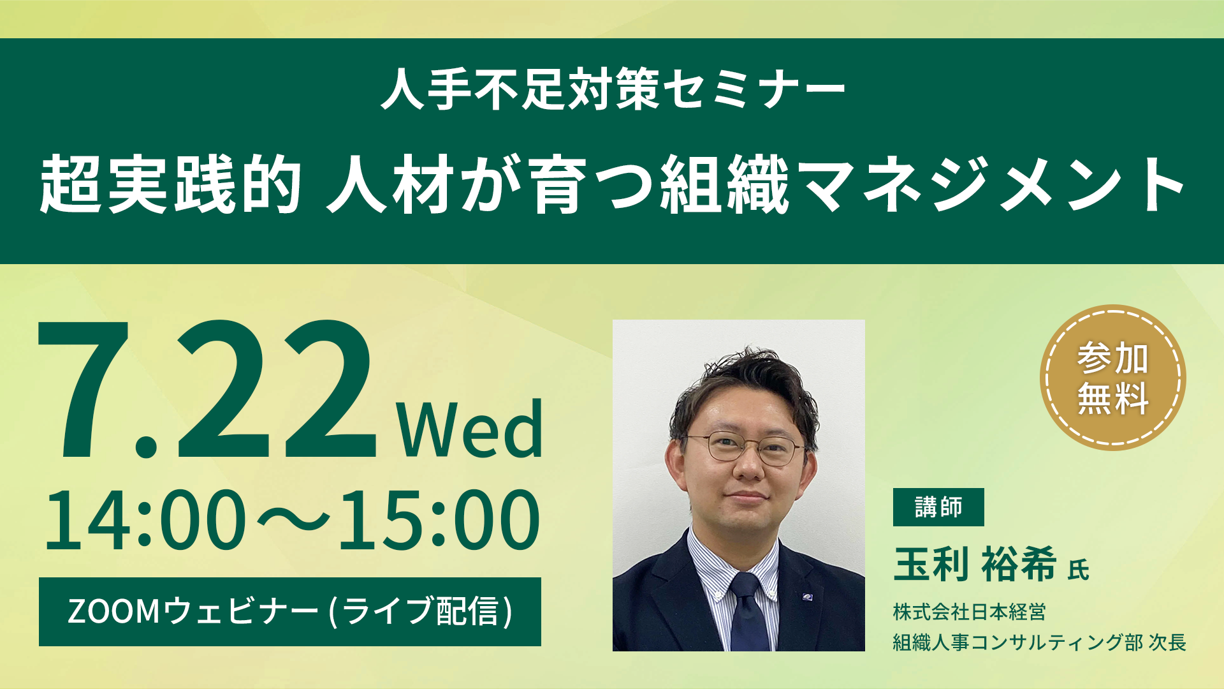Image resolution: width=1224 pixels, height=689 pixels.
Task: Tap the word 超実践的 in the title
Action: pos(171,184)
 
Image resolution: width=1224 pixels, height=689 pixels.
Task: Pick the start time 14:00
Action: pos(145,520)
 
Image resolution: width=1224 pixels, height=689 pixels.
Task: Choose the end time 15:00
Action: pos(439,520)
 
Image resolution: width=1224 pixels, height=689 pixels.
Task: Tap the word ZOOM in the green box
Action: pos(113,611)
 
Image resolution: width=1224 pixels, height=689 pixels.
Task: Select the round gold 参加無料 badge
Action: pos(1112,378)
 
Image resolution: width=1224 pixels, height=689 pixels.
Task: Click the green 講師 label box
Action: pos(938,507)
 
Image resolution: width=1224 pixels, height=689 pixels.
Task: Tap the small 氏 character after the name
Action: pos(1079,570)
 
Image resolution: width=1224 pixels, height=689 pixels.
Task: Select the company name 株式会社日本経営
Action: pos(969,612)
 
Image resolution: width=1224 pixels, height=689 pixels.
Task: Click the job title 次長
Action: pos(1167,642)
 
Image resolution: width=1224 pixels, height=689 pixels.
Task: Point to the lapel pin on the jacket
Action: pos(808,597)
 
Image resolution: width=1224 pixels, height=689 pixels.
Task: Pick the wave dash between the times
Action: pos(293,520)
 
